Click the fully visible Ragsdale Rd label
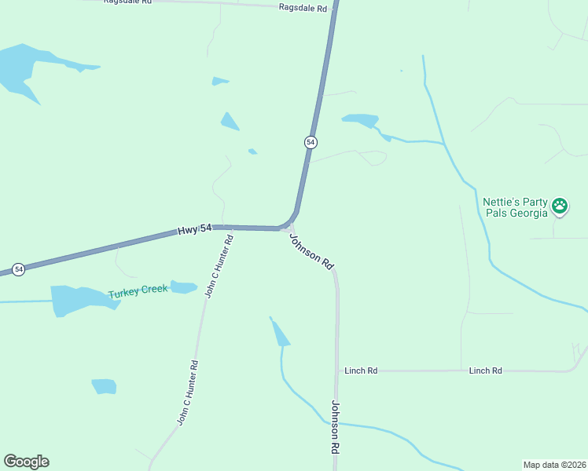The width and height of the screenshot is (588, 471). tap(303, 8)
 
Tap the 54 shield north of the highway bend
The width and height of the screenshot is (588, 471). tap(311, 142)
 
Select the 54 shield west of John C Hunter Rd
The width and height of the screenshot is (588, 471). tap(19, 269)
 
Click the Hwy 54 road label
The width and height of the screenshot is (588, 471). tap(195, 228)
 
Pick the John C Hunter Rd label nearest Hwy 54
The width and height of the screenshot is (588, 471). tap(219, 266)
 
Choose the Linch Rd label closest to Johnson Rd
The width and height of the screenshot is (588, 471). tap(361, 371)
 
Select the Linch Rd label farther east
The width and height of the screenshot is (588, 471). tap(485, 371)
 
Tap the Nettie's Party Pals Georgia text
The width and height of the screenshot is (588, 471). tap(515, 207)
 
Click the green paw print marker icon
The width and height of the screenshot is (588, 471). tap(560, 206)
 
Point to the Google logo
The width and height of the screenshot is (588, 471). tap(26, 462)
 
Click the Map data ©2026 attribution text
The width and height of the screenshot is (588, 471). tap(553, 465)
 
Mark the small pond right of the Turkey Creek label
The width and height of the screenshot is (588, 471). tap(184, 287)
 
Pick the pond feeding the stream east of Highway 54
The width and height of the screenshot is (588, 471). tap(361, 120)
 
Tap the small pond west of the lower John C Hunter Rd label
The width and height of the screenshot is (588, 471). tap(104, 386)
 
